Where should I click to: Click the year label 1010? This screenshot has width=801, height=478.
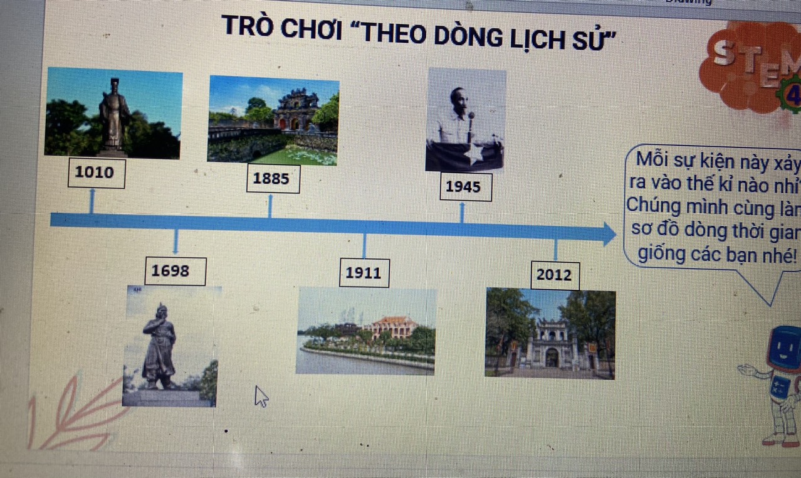pos(95,173)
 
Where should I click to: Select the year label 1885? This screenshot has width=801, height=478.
pos(271,179)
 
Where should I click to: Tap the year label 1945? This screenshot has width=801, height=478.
pos(464,186)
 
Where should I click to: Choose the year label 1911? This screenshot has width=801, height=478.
pos(364,273)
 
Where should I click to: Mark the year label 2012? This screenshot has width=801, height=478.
pos(554,275)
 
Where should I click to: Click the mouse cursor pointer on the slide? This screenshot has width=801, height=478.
pos(260,395)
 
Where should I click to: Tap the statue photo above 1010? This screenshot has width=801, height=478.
pos(113,112)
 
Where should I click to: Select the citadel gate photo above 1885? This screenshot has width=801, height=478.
pos(273,120)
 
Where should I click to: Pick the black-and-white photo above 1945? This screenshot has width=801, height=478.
pos(466,120)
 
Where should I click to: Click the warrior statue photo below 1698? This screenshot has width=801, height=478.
pos(170,346)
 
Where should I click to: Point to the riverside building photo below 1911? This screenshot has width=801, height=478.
pos(366,331)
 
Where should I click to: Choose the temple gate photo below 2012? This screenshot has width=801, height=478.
pos(550,333)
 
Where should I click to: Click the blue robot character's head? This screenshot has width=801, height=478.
pos(784,349)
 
